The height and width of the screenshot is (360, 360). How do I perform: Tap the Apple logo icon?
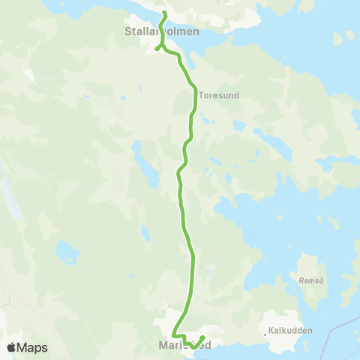pyautogui.click(x=11, y=347)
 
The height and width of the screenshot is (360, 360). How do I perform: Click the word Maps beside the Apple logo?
pyautogui.click(x=32, y=347)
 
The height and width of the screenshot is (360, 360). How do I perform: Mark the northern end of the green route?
pyautogui.click(x=164, y=13)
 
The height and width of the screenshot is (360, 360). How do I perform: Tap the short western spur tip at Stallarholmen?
pyautogui.click(x=157, y=49)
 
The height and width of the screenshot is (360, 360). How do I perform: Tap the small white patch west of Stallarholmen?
pyautogui.click(x=29, y=74)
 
